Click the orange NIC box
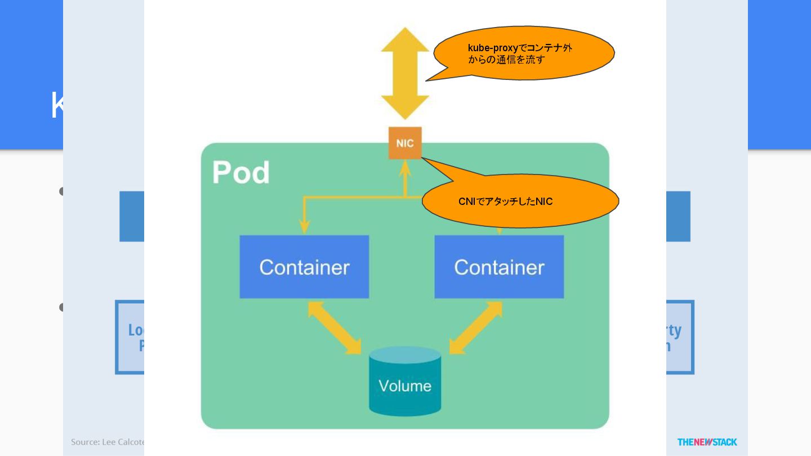[x=405, y=143]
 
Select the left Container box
[x=304, y=267]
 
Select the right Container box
[x=499, y=267]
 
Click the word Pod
[x=240, y=173]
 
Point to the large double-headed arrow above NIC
[x=405, y=73]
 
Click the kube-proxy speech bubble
[x=524, y=53]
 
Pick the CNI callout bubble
[x=521, y=201]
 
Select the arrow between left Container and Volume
[x=335, y=328]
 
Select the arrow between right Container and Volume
[x=476, y=328]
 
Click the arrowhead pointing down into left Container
[x=305, y=227]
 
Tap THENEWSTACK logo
[x=707, y=442]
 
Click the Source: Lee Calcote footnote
[x=107, y=442]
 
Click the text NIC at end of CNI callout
[x=544, y=202]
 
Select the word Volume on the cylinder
[x=405, y=386]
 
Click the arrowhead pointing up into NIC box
[x=405, y=167]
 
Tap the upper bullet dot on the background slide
[x=61, y=192]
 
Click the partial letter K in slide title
[x=56, y=105]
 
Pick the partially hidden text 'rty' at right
[x=674, y=330]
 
